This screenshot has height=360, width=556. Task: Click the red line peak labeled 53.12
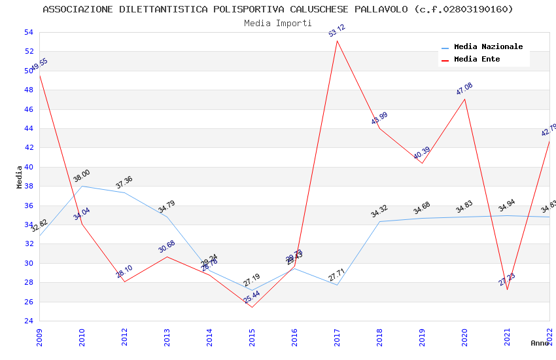[337, 41]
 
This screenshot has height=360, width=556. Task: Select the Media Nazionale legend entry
[488, 47]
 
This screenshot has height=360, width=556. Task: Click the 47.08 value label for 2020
[464, 89]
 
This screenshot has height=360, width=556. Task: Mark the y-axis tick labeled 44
[28, 128]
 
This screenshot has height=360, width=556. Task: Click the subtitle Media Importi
[278, 23]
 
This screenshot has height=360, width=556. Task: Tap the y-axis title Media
[20, 177]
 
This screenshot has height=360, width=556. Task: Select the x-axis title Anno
[540, 343]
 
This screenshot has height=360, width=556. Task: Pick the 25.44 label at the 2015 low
[252, 297]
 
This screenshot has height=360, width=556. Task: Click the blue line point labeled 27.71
[337, 285]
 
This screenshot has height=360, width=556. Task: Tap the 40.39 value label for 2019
[422, 154]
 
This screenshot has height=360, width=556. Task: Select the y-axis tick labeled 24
[28, 321]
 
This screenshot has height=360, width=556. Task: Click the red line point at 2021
[507, 289]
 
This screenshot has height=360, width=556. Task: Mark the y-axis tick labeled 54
[28, 32]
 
